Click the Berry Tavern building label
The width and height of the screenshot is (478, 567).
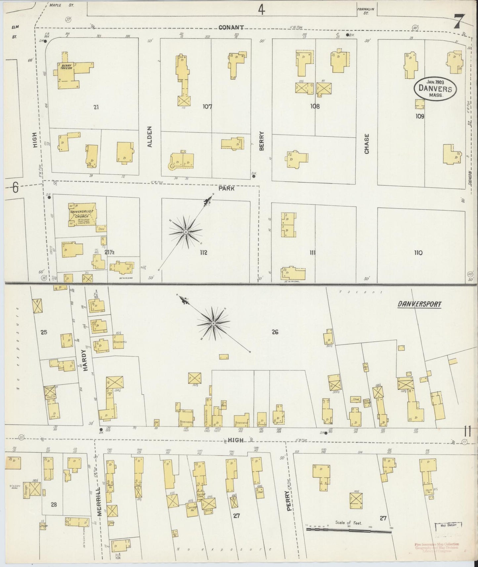point(66,67)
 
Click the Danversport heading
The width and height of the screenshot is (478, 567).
point(419,304)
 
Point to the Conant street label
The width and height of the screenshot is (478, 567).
point(231,28)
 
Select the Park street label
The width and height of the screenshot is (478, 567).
point(226,189)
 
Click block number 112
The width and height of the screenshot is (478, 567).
point(203,252)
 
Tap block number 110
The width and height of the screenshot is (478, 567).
point(418,253)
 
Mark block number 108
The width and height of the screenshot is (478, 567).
point(315,107)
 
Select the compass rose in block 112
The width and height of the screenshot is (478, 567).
point(186,233)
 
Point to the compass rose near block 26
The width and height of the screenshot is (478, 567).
point(213,323)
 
